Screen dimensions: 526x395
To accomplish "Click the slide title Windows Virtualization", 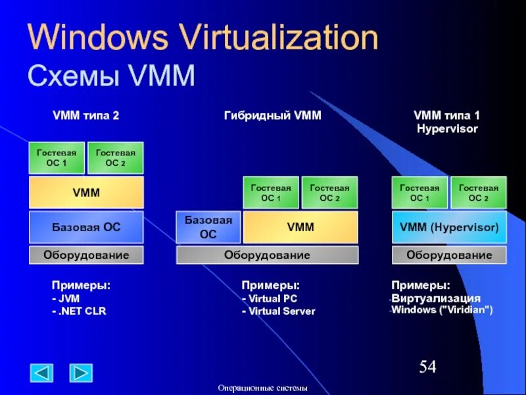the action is (203, 38).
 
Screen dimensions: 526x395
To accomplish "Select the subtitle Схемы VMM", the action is (111, 76).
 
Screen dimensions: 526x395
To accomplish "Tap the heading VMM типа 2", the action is (85, 115).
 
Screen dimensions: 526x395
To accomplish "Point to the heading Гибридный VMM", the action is (272, 115).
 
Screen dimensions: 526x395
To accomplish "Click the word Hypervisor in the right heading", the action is (447, 129).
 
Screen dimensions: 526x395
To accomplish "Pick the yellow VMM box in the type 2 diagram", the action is (86, 192).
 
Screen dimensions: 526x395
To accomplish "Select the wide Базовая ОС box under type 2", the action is (86, 227).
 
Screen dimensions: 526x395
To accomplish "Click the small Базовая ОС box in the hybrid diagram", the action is (208, 227).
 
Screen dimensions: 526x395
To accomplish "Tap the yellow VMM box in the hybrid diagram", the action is (300, 227).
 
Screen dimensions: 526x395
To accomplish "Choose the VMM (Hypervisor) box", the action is (449, 227).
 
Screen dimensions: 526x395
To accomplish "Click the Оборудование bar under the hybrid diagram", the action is (267, 255).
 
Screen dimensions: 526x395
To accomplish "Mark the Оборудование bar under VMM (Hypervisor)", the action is (449, 255).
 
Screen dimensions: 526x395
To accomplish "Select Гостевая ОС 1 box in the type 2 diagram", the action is (57, 158).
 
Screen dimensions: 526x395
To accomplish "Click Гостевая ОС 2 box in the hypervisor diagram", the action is (478, 192).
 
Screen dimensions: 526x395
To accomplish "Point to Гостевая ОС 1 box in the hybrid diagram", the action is (271, 192).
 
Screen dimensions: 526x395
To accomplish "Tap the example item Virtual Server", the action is (279, 311).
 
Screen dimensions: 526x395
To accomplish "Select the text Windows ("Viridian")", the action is (442, 310).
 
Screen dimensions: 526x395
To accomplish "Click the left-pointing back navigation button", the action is (42, 373).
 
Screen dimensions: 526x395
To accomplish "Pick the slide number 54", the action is (427, 367).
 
